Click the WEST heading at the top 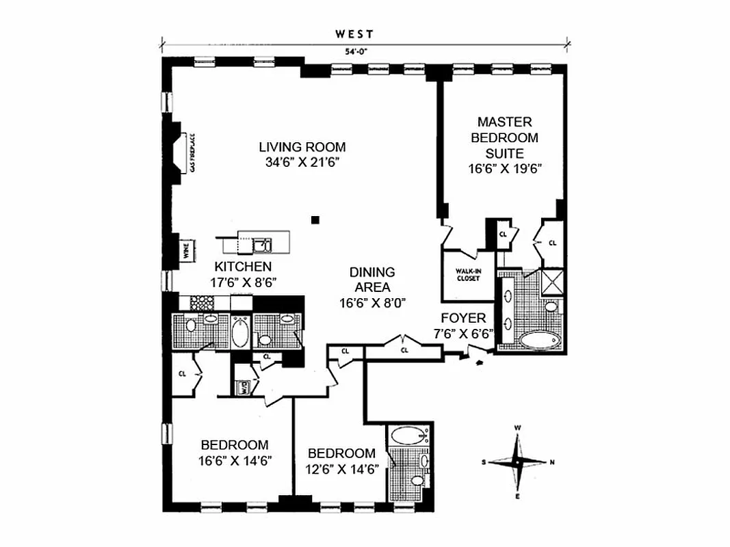(354, 33)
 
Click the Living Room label (302, 147)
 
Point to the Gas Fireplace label (194, 152)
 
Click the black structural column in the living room (315, 219)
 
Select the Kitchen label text (243, 267)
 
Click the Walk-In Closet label (469, 275)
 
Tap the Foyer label (463, 318)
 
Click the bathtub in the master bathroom (538, 340)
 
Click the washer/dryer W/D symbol (242, 387)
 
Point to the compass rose (518, 462)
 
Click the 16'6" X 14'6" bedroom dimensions (235, 460)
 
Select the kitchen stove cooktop (203, 302)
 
